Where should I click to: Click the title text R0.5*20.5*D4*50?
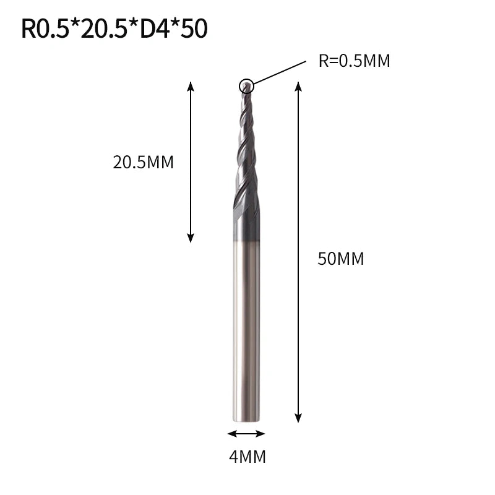[114, 28]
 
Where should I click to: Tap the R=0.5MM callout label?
[354, 61]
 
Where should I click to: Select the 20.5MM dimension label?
[144, 163]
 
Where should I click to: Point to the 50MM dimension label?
[341, 259]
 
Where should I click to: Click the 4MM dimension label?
[247, 457]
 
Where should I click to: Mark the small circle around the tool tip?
[246, 86]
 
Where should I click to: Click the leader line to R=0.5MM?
[280, 72]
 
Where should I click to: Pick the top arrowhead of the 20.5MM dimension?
[191, 86]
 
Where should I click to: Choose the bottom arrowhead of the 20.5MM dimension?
[191, 238]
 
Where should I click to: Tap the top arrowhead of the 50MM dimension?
[298, 86]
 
